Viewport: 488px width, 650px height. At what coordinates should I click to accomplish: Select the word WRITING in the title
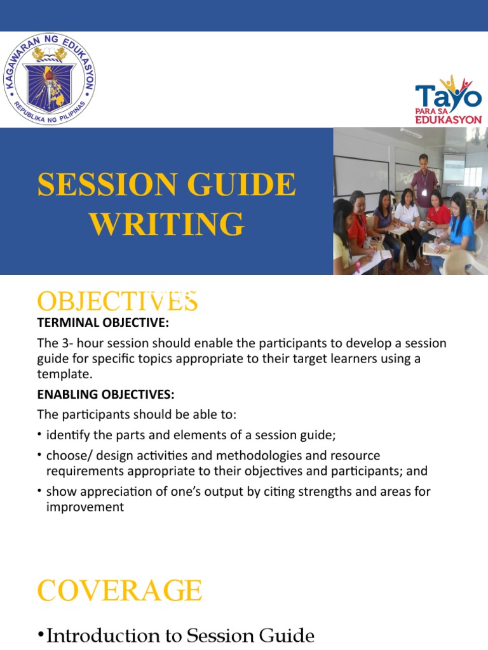click(166, 224)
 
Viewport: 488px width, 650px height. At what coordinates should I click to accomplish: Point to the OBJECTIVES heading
click(118, 301)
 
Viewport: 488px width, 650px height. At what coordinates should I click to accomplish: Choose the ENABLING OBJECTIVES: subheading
click(105, 394)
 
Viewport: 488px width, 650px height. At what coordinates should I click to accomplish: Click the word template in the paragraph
click(63, 375)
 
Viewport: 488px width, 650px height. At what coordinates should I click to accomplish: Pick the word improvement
click(85, 507)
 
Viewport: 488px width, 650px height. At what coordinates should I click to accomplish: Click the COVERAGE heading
click(119, 591)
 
